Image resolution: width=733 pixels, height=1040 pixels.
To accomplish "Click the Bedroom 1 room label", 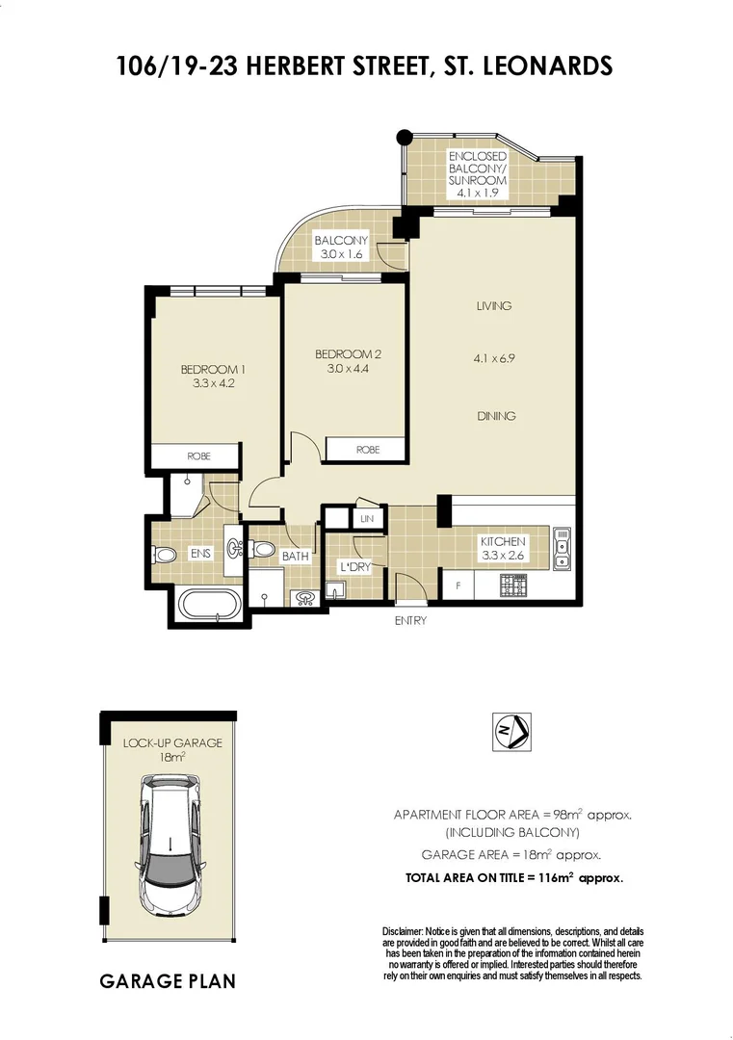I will pos(208,369).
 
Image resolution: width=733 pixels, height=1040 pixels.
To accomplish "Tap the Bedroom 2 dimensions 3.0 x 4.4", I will pos(342,368).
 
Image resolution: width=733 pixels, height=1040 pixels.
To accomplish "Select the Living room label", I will pos(493,306).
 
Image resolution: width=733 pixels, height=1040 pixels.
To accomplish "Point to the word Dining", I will pos(495,416).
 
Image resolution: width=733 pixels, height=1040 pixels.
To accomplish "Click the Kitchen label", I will pos(503,542).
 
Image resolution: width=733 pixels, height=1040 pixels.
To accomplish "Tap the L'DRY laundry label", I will pos(354,567).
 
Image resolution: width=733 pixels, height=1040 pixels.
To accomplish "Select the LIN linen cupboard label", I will pos(366,519).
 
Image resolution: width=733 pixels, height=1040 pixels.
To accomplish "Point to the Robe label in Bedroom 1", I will pos(198,455).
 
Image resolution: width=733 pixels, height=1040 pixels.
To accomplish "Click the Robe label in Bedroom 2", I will pos(367,450).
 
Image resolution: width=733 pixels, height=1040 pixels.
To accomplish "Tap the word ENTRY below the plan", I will pos(410,621).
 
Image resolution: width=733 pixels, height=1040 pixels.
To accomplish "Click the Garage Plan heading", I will pos(168,981).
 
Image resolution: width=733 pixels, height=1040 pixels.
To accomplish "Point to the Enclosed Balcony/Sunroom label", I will pos(476,174).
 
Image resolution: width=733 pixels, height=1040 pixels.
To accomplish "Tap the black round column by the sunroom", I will pos(406,137).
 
